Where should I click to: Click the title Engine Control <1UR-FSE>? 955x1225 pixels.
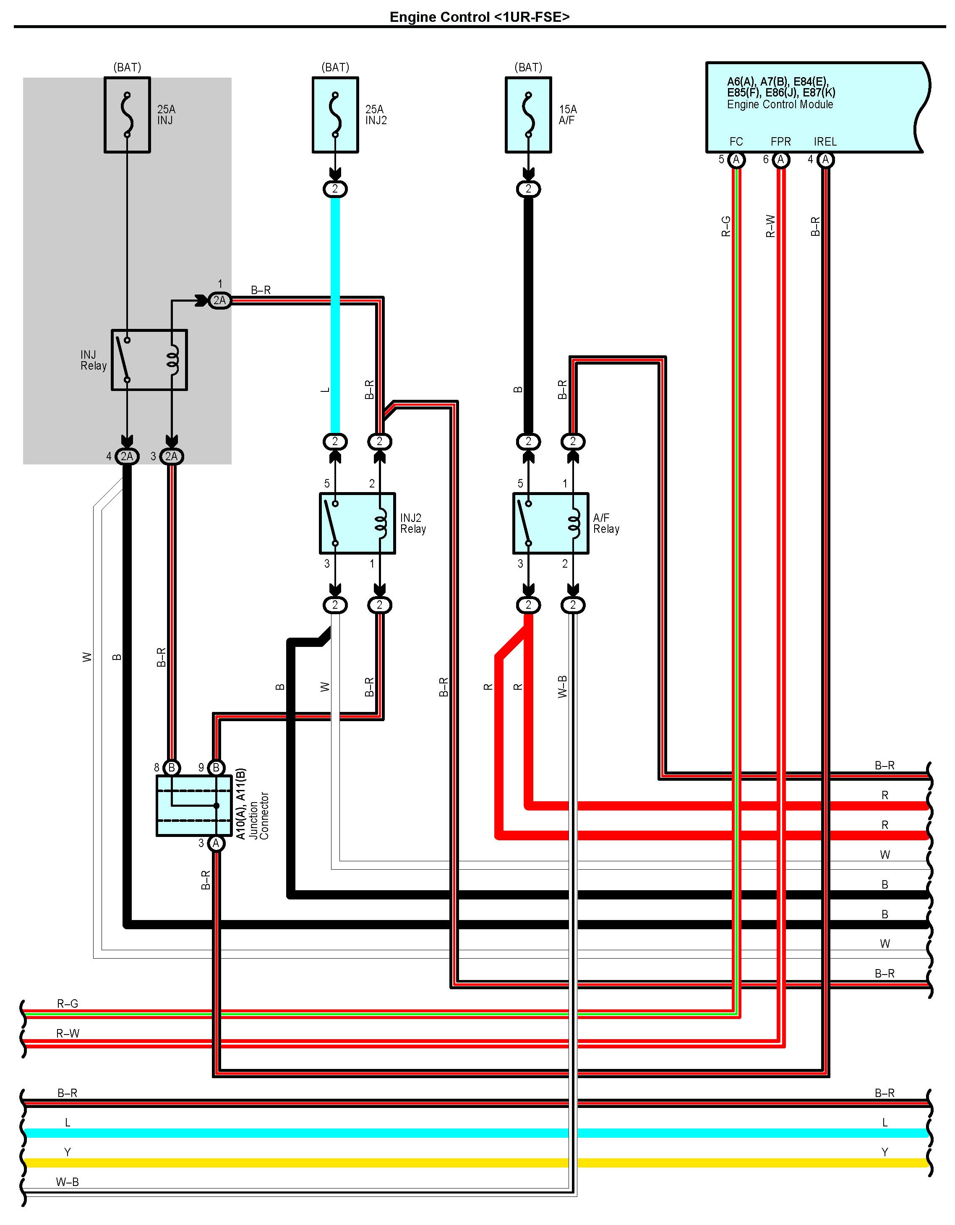point(480,17)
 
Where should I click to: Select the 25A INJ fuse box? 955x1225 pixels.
point(128,115)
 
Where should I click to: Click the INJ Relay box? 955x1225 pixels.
point(149,360)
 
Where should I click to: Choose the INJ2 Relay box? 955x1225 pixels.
point(357,523)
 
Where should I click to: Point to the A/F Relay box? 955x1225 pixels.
point(551,523)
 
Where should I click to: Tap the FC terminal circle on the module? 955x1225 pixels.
point(736,160)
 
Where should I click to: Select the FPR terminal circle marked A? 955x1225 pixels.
point(780,160)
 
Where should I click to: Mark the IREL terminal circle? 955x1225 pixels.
point(825,160)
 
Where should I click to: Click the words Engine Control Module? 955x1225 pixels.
point(780,104)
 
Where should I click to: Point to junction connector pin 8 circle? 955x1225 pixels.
point(172,767)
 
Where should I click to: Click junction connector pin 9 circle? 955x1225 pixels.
point(216,767)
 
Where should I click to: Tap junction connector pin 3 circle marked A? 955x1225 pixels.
point(216,843)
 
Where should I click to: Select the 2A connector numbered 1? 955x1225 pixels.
point(219,301)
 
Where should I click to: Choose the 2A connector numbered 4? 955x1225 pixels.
point(128,456)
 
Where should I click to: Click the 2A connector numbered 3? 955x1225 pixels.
point(172,456)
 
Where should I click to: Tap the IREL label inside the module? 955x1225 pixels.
point(825,142)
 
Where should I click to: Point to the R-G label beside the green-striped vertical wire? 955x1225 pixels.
point(725,226)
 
